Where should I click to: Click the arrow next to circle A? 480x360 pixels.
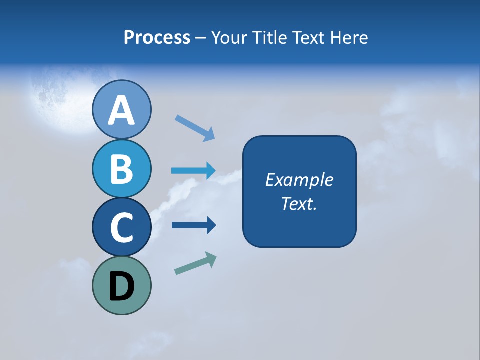(x=195, y=128)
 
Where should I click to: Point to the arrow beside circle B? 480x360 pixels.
(x=193, y=171)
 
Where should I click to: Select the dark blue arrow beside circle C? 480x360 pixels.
(x=193, y=225)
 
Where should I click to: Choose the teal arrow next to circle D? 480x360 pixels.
(x=195, y=263)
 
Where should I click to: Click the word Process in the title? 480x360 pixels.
(x=157, y=37)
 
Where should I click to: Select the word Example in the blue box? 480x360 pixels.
(x=299, y=180)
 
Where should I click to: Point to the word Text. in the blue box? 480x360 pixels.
(x=299, y=203)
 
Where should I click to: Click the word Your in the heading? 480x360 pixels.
(x=228, y=37)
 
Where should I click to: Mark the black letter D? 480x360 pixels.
(x=122, y=286)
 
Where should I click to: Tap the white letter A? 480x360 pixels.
(x=121, y=110)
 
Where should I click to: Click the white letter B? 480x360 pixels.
(x=121, y=168)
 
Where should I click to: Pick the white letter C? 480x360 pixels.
(x=121, y=227)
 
